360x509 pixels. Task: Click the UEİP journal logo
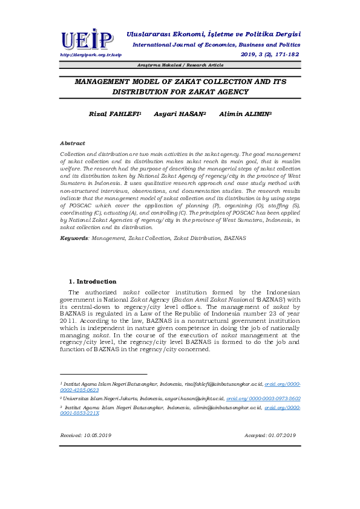87,40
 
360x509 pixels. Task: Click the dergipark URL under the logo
87,54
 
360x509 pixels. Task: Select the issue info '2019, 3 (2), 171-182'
269,54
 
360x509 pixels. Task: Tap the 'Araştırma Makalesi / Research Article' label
180,65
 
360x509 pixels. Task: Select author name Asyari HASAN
180,114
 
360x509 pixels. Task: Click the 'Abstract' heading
73,143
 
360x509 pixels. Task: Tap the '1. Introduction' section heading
93,282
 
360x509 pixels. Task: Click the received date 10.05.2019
86,435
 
